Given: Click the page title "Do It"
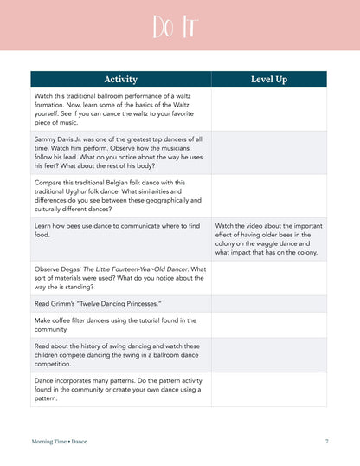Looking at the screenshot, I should click(179, 27).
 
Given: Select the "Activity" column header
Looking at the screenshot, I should click(120, 79).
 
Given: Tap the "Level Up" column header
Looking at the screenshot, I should click(268, 79).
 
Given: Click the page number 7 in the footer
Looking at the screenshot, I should click(326, 441).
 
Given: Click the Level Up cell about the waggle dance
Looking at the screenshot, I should click(268, 238).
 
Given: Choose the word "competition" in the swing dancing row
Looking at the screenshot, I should click(54, 364).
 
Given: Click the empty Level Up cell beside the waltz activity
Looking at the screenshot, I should click(268, 108).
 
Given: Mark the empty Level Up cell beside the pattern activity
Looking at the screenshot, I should click(268, 389).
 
